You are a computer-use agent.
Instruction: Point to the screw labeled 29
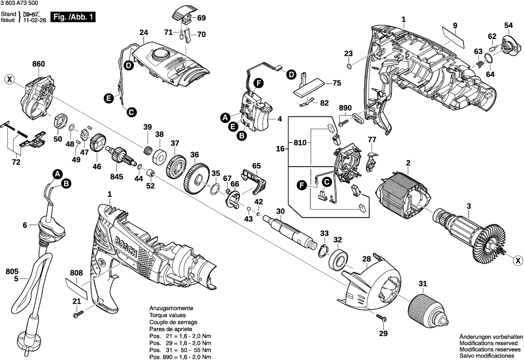[379, 317]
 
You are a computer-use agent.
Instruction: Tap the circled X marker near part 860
[9, 78]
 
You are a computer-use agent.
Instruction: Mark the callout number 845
[117, 177]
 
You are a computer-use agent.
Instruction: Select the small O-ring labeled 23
[349, 66]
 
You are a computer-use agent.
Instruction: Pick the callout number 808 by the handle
[76, 273]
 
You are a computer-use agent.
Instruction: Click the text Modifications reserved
[488, 342]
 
